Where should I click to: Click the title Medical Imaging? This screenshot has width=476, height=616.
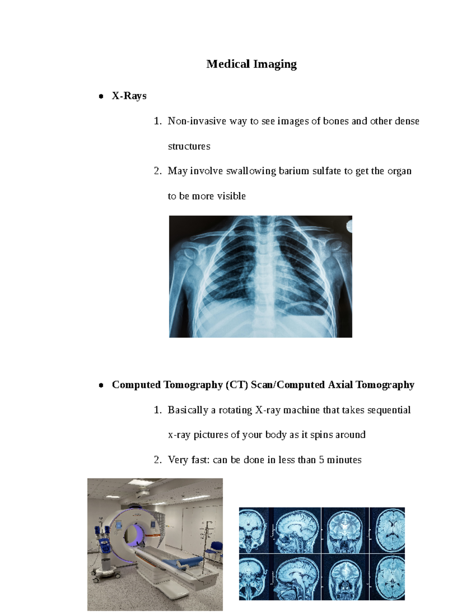pos(251,64)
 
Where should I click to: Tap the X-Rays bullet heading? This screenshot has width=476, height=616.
pos(129,96)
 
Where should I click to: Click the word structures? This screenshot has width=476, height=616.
pos(189,146)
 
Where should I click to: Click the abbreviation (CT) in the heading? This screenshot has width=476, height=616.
pos(237,385)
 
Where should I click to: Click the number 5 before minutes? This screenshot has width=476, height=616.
pos(321,460)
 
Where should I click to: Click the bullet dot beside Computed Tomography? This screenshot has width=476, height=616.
pos(101,385)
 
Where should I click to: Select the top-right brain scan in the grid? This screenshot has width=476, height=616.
pos(387,530)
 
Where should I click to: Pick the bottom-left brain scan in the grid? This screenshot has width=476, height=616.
pos(254,577)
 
